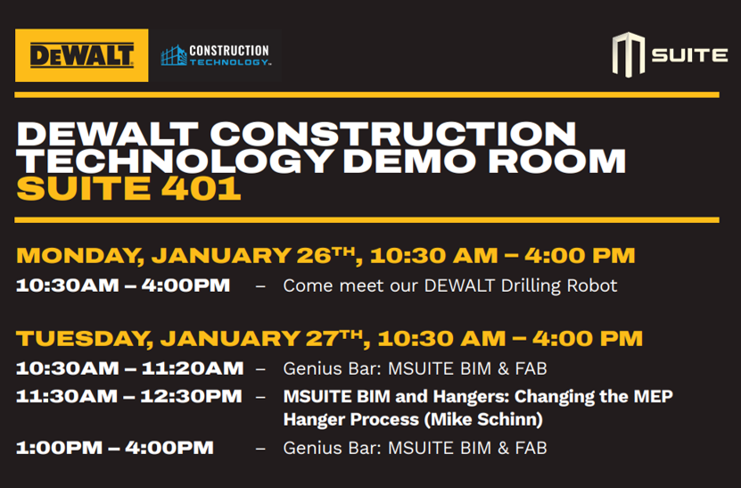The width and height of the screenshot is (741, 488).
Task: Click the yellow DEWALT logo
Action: [x=81, y=55]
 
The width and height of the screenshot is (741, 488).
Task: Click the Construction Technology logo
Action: [x=215, y=56]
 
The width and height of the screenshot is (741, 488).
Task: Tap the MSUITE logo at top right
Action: [x=670, y=54]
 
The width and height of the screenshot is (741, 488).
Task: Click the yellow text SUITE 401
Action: [x=128, y=189]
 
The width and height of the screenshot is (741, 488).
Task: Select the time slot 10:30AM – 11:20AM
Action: [x=129, y=368]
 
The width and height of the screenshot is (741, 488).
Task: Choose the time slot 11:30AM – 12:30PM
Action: [x=128, y=395]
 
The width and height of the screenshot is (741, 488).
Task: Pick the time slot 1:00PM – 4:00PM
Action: [x=114, y=447]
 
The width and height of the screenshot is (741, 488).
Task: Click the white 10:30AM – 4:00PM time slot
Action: [x=122, y=285]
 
